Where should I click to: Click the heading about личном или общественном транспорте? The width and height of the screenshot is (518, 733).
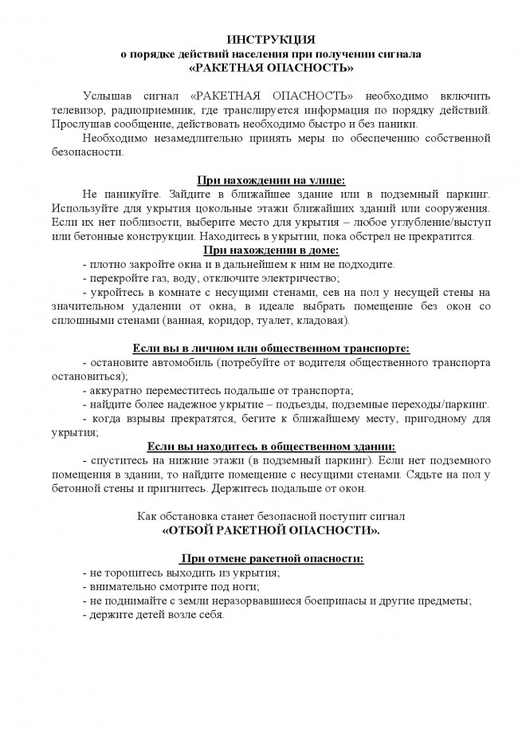[x=271, y=348]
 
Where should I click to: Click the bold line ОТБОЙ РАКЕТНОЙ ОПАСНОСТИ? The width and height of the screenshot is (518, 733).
[x=271, y=530]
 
